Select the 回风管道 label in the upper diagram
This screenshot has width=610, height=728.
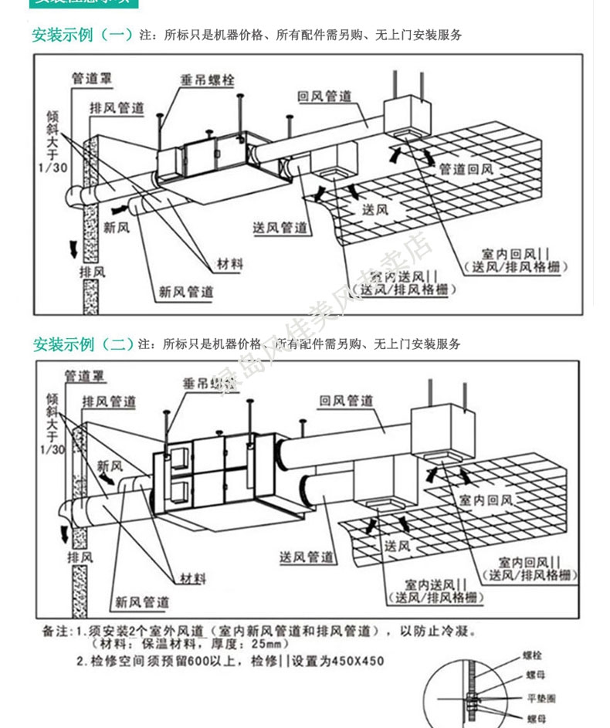325,96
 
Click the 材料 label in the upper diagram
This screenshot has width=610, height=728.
227,264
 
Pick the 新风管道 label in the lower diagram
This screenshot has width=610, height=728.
142,601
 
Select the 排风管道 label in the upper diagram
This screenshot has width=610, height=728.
117,107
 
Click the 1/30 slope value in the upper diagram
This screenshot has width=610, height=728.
53,168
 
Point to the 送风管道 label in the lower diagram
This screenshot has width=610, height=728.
307,557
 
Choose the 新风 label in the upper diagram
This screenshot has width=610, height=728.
117,228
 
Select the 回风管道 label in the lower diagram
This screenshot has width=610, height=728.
347,401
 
